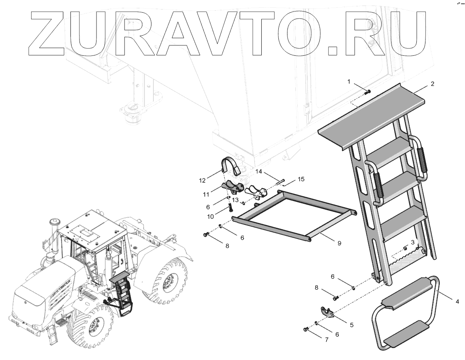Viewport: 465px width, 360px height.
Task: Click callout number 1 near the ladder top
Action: coord(349,81)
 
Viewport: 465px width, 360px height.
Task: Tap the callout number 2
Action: coord(432,84)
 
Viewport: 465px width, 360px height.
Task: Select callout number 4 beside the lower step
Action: coord(457,301)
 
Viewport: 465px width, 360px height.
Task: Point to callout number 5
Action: coord(352,325)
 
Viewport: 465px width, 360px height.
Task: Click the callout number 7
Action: coord(327,340)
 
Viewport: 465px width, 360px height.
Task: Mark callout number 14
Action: coord(259,172)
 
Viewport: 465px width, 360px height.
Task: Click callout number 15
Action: coord(301,179)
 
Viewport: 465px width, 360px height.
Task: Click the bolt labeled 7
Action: coord(306,329)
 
